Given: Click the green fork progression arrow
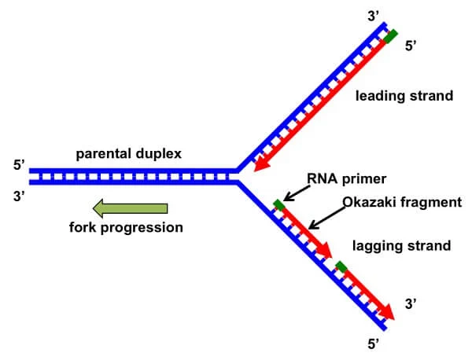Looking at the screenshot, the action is pos(131,208).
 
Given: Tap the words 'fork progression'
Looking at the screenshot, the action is pos(126,227).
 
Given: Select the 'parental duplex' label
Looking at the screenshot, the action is pos(128,154).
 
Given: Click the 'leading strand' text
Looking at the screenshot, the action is pos(404,96).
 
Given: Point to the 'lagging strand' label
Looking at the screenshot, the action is pos(401,246).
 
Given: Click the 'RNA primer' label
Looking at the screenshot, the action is pos(346,179).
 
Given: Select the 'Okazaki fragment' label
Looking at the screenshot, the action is pos(402,202).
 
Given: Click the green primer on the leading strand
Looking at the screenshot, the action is pos(391,37).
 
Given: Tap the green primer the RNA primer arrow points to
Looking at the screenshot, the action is pos(279,205).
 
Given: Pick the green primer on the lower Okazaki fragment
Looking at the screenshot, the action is pos(341,266).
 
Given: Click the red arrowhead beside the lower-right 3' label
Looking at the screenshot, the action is pos(386,312).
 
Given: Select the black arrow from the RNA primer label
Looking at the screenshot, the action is pos(297,193).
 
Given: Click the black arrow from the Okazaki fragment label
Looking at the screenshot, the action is pos(327,218).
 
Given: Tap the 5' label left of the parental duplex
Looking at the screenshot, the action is pos(19,165).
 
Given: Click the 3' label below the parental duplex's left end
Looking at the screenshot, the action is pos(19,197).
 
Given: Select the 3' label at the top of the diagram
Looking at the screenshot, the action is pos(373,17).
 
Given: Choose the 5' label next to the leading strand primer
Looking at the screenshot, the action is pos(411,46).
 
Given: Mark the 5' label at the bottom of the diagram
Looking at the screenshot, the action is pos(374,344).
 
